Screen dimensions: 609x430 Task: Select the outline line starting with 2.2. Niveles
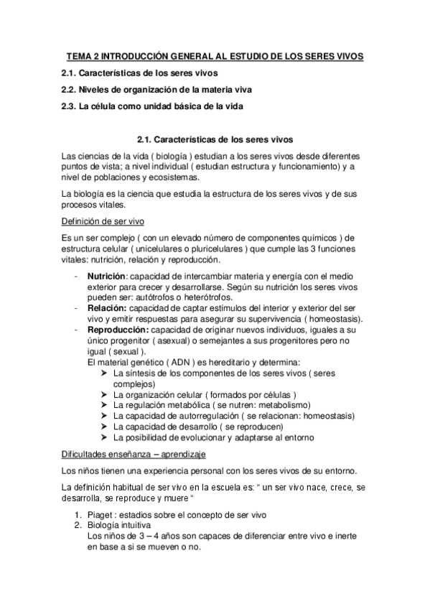pyautogui.click(x=156, y=90)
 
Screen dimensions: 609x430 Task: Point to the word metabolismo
pyautogui.click(x=288, y=405)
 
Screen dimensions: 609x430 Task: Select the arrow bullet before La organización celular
pyautogui.click(x=105, y=395)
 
